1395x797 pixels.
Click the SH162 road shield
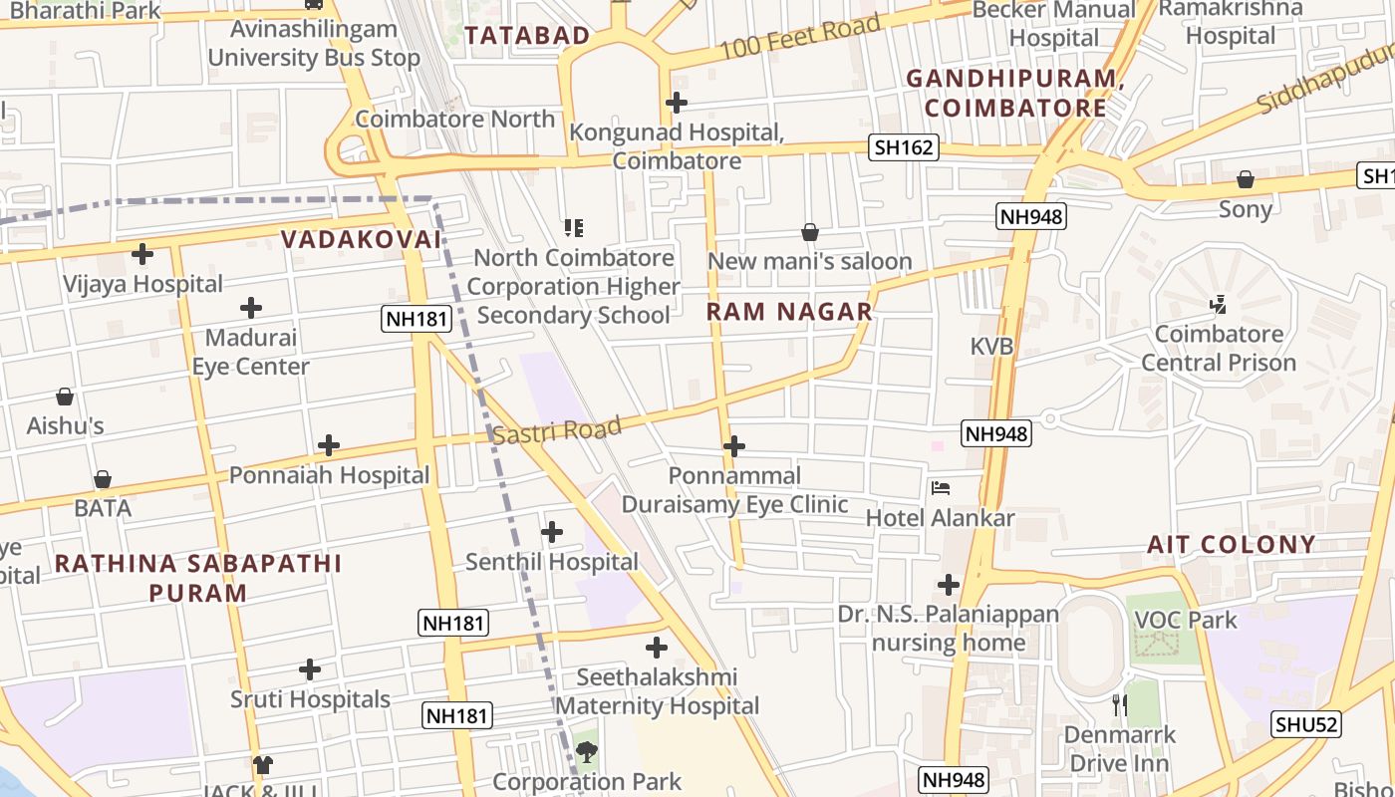click(904, 147)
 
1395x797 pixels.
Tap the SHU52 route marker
click(1305, 724)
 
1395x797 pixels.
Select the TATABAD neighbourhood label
click(527, 36)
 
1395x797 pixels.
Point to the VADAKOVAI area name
click(361, 239)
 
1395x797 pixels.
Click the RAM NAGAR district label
click(789, 312)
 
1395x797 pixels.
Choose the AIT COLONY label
click(1231, 544)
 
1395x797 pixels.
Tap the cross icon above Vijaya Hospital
click(142, 254)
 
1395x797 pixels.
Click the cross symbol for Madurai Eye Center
click(251, 308)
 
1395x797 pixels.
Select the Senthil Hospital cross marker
click(551, 532)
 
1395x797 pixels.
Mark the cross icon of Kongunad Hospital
click(677, 102)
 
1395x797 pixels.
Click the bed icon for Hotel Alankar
click(940, 488)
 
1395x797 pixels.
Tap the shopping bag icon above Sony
click(1245, 179)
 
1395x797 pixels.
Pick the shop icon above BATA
click(102, 479)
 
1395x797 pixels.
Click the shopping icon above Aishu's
click(65, 397)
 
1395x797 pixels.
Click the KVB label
click(991, 346)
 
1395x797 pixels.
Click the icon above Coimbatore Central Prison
click(1217, 304)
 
